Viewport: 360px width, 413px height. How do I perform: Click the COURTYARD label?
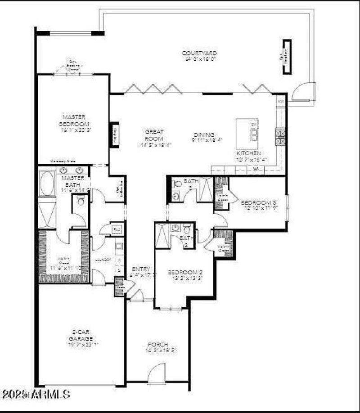(x=199, y=53)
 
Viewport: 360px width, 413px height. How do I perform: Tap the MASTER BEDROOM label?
(x=74, y=121)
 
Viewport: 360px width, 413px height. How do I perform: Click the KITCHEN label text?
(x=249, y=153)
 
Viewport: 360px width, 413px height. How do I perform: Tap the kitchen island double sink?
(x=254, y=135)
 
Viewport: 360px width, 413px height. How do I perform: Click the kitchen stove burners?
(x=279, y=136)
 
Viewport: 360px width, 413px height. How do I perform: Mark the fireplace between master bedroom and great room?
(x=114, y=135)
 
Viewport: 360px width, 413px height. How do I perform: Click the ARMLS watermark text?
(x=36, y=395)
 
